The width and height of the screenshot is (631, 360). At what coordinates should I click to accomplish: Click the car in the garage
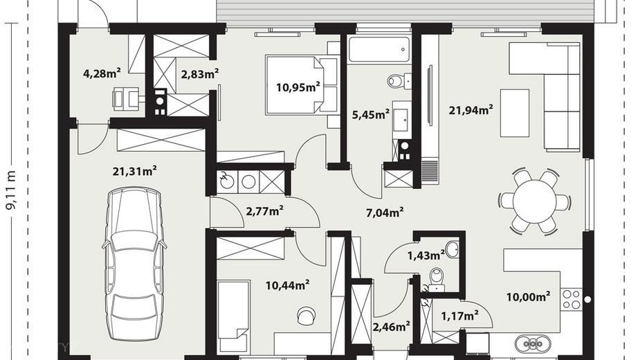[x=134, y=264]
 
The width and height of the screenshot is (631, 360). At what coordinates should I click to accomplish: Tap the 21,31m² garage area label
[x=134, y=171]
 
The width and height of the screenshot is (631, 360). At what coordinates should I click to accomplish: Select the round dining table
[x=534, y=201]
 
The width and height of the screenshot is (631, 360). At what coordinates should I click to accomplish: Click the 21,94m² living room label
[x=471, y=109]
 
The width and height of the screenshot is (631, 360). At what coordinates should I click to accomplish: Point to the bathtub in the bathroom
[x=379, y=50]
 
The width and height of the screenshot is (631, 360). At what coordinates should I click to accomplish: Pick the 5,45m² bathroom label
[x=371, y=114]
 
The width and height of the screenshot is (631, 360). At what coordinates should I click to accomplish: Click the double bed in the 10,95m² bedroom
[x=302, y=84]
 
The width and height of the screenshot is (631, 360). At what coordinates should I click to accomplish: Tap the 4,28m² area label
[x=102, y=73]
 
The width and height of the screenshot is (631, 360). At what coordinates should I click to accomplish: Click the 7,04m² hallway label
[x=385, y=213]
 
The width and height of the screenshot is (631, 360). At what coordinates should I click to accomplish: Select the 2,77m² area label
[x=264, y=210]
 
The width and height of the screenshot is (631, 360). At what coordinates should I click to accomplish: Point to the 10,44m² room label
[x=287, y=285]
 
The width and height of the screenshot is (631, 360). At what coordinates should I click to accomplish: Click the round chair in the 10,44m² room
[x=306, y=315]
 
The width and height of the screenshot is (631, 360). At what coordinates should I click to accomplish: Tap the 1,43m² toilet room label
[x=426, y=255]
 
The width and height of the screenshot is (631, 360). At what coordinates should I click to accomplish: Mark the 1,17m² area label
[x=460, y=316]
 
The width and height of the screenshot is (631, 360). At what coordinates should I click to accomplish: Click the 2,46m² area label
[x=392, y=326]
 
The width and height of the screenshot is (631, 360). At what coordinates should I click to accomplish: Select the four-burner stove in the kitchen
[x=571, y=299]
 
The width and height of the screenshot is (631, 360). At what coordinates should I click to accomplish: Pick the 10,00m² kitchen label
[x=529, y=297]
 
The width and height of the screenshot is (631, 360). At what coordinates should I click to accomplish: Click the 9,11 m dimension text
[x=11, y=190]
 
